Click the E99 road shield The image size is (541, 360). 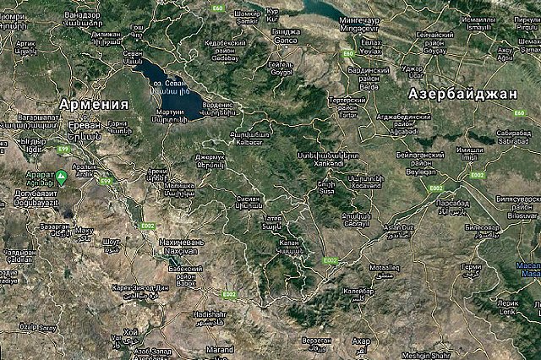coord(62,149)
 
